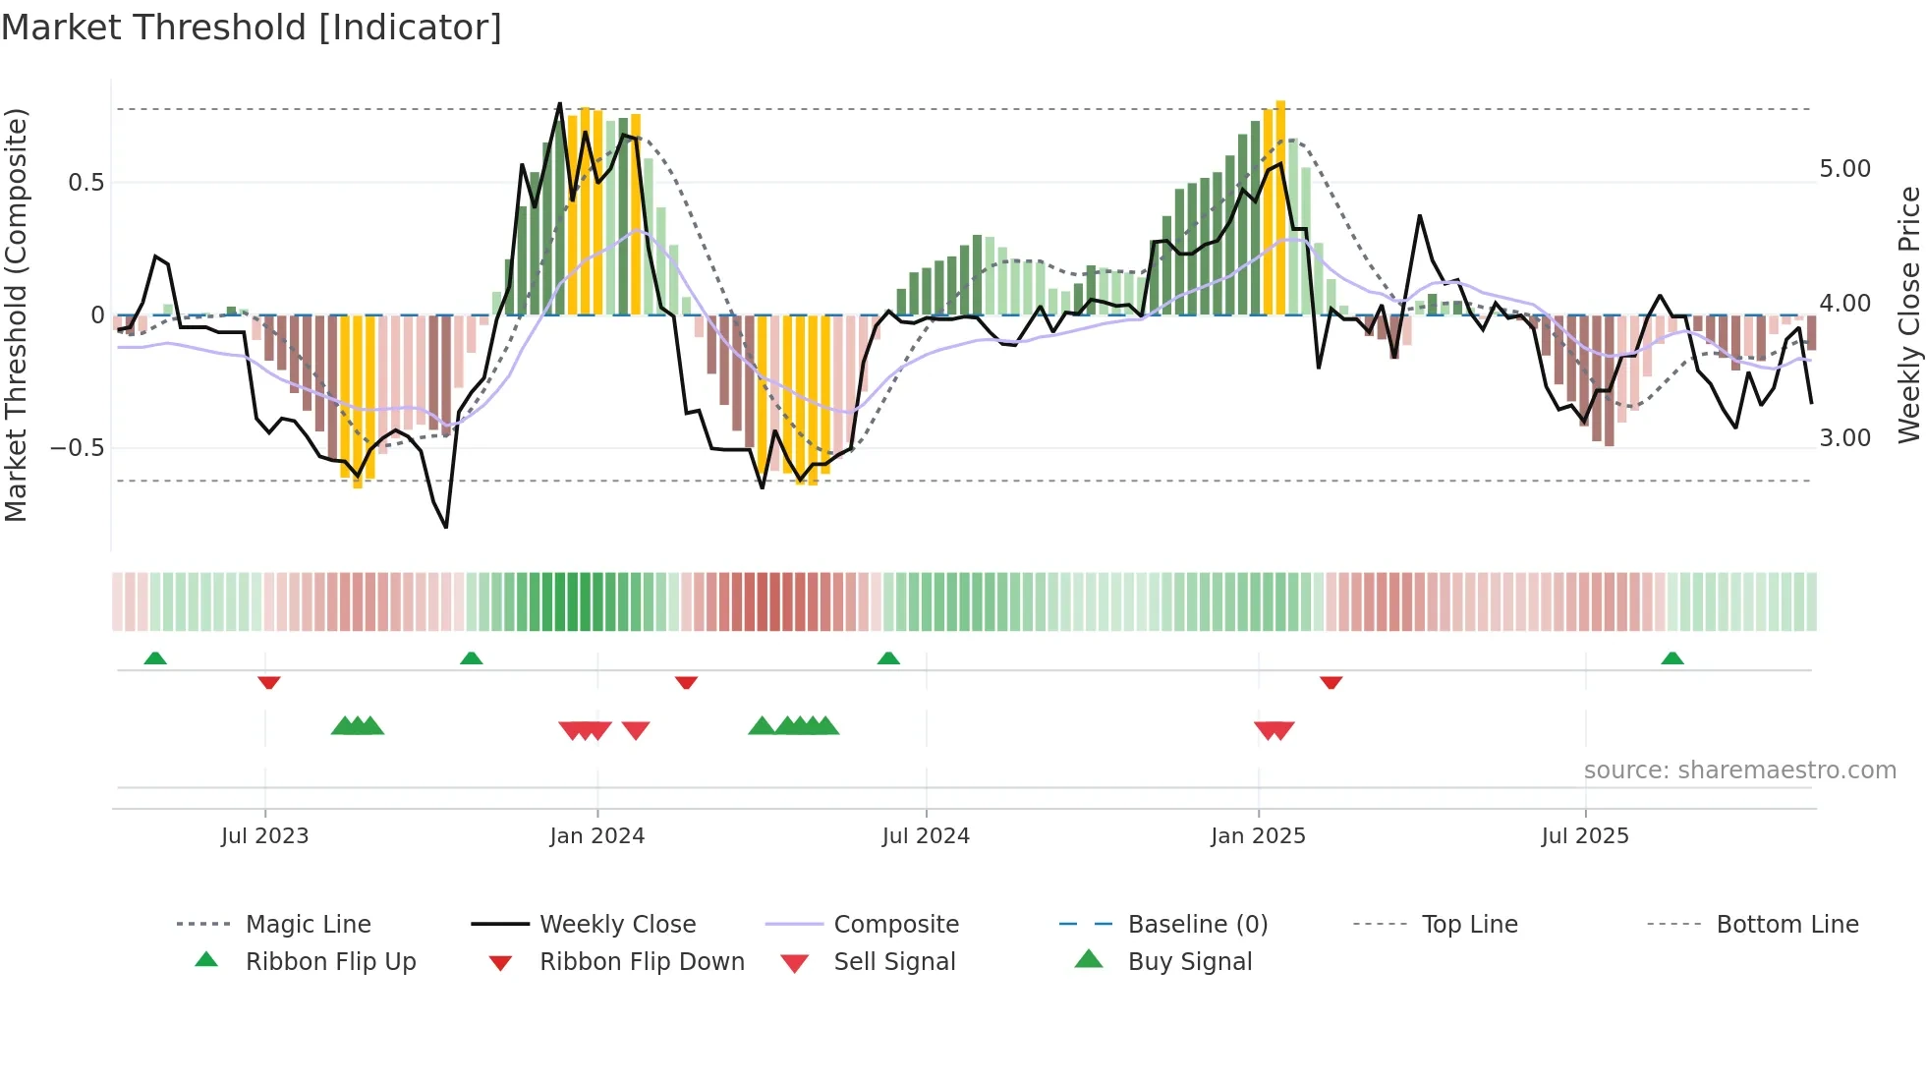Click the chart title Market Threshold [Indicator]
pos(252,28)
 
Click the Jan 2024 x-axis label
pos(596,836)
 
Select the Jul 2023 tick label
pos(264,836)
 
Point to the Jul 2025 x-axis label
pos(1584,836)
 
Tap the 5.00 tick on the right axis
pos(1844,169)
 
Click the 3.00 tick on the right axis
pos(1844,438)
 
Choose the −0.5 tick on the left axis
pos(77,448)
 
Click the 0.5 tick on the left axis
pos(85,183)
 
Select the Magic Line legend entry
pos(308,925)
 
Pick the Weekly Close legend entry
pos(617,925)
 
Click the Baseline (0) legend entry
pos(1197,925)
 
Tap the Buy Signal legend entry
pos(1189,962)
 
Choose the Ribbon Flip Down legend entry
pos(641,962)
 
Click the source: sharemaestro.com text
pos(1739,770)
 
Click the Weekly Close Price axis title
pos(1908,314)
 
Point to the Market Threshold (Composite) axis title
pos(16,314)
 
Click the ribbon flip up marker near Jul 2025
pos(1671,658)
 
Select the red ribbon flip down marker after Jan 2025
pos(1331,682)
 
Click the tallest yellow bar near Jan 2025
pos(1280,206)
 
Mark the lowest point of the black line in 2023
pos(446,528)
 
